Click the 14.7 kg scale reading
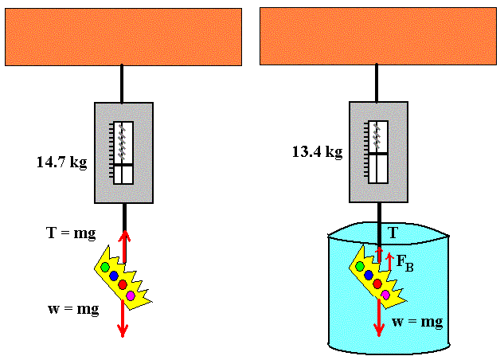(62, 162)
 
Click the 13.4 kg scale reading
(317, 151)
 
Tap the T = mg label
(71, 233)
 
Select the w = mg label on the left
(73, 309)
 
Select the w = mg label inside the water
(417, 322)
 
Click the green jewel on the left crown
(105, 267)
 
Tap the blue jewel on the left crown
(114, 276)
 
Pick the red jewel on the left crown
(123, 284)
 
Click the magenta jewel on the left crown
(131, 295)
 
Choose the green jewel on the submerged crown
(360, 266)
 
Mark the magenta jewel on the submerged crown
(385, 295)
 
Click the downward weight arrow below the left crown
(123, 319)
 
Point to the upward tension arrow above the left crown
(124, 246)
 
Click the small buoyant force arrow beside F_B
(389, 262)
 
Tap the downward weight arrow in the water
(379, 318)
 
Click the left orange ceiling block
(123, 37)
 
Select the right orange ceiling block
(378, 37)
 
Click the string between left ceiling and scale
(122, 84)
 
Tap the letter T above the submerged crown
(393, 233)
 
